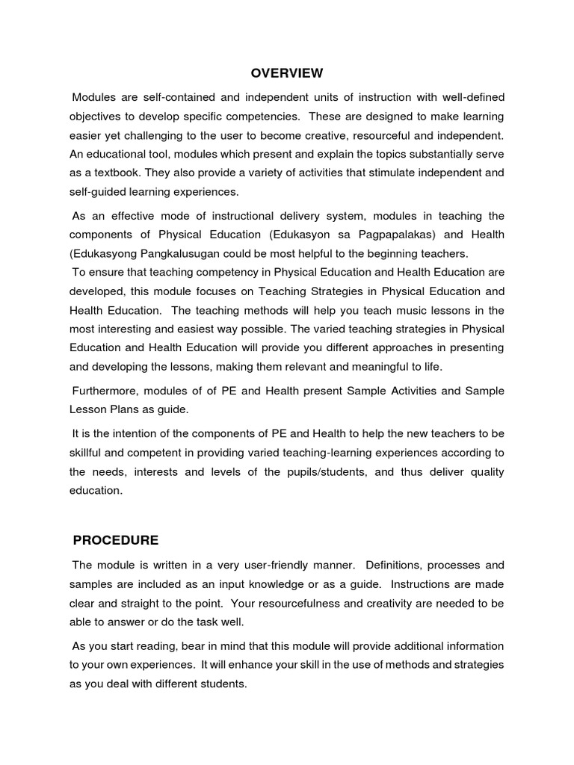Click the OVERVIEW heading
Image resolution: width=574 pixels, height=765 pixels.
click(286, 72)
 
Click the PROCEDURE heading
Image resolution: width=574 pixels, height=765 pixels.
click(115, 539)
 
